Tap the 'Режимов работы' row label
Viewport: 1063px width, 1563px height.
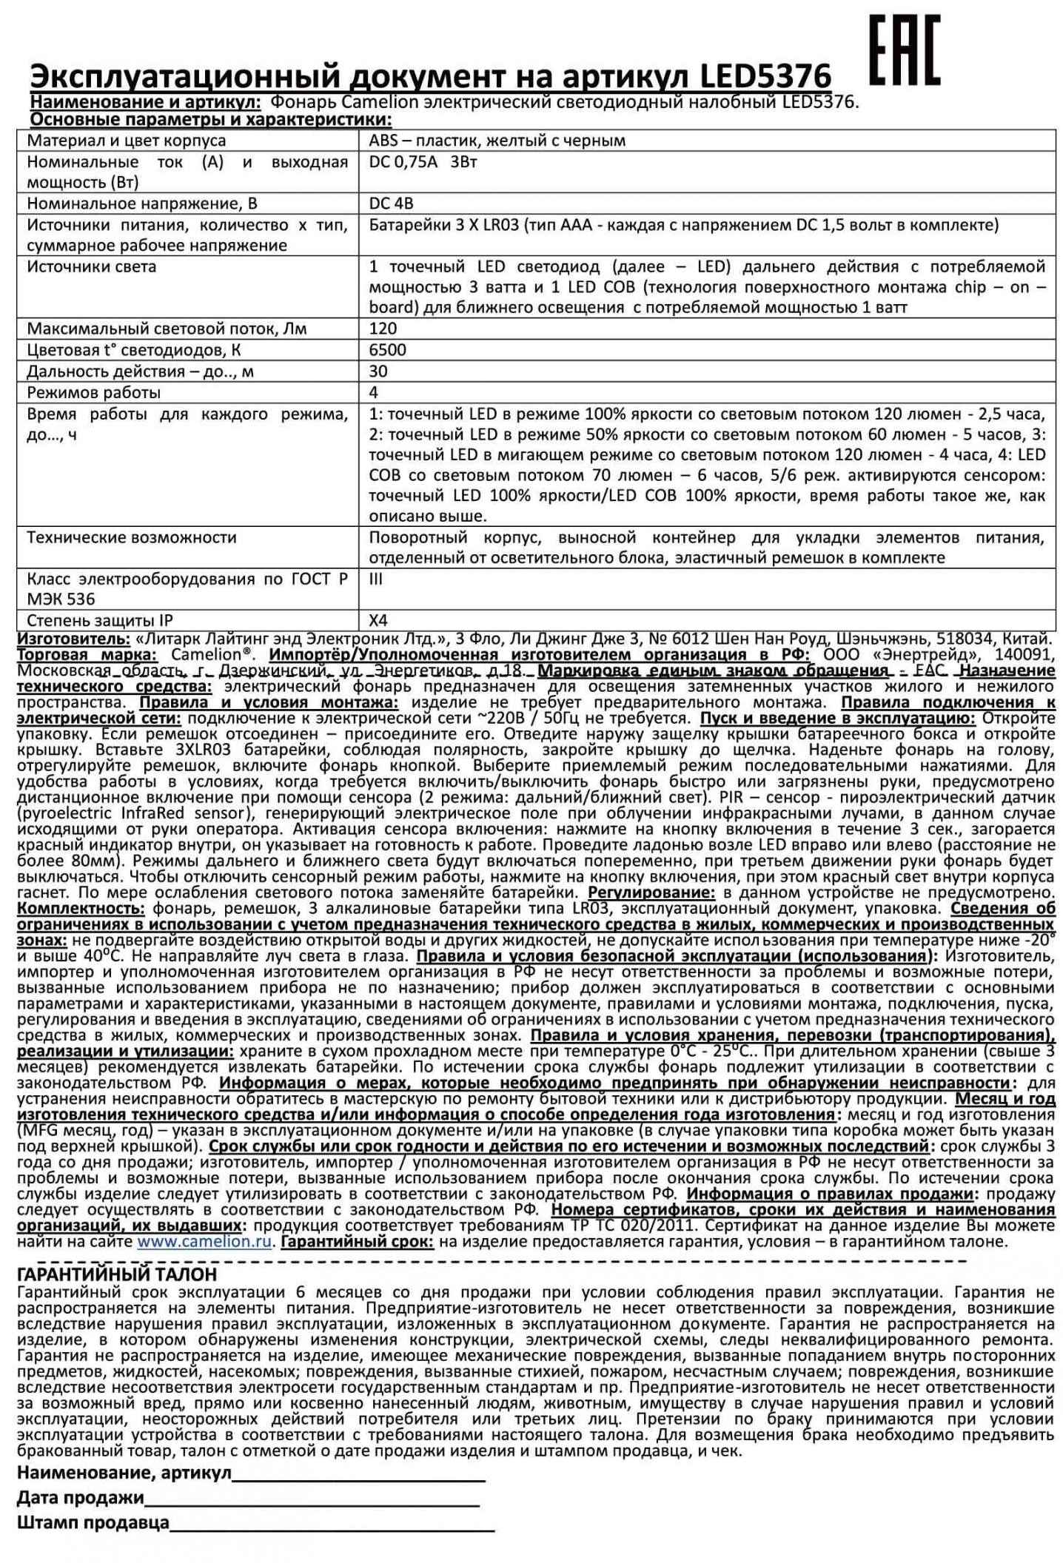tap(93, 392)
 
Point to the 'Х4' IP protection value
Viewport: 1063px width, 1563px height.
tap(378, 621)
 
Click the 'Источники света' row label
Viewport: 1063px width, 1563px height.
tap(91, 267)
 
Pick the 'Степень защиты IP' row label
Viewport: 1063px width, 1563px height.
tap(100, 621)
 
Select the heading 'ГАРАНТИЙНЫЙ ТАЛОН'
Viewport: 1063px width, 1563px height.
tap(117, 1274)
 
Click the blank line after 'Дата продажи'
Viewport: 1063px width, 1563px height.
tap(312, 1498)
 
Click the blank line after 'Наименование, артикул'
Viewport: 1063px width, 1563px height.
tap(358, 1473)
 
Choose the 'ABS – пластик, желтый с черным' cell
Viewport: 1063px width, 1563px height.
tap(497, 141)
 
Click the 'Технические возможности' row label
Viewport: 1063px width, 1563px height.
tap(132, 538)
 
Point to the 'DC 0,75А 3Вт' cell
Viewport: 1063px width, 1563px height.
tap(423, 162)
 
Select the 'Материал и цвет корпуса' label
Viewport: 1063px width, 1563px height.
tap(127, 141)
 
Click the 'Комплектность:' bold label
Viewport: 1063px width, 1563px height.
tap(81, 909)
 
